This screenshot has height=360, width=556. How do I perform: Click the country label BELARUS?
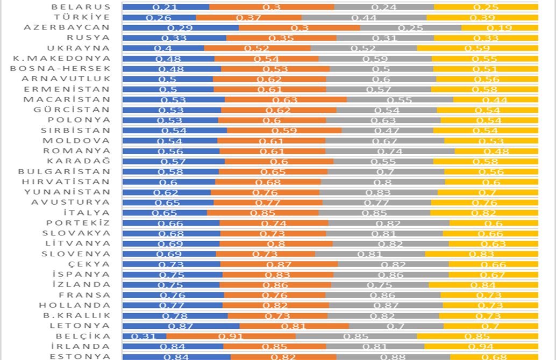[x=81, y=7]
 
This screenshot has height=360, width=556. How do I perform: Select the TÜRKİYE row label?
[x=85, y=17]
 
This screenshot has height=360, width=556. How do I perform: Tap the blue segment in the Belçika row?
[x=144, y=336]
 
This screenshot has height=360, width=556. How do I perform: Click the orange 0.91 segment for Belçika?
[x=231, y=336]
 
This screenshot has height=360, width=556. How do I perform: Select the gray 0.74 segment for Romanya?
[x=390, y=151]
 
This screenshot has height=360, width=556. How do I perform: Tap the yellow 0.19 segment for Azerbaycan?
[x=500, y=27]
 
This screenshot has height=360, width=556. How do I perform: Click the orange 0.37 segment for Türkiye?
[x=248, y=17]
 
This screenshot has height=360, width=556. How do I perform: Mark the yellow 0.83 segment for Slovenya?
[x=481, y=254]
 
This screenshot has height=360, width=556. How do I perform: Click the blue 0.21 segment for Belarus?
[x=166, y=7]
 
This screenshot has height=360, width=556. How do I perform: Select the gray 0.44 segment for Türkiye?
[x=364, y=17]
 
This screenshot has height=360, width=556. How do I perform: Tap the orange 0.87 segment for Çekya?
[x=279, y=264]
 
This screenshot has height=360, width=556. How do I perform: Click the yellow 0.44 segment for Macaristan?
[x=495, y=99]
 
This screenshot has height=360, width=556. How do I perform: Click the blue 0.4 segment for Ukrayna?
[x=163, y=48]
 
